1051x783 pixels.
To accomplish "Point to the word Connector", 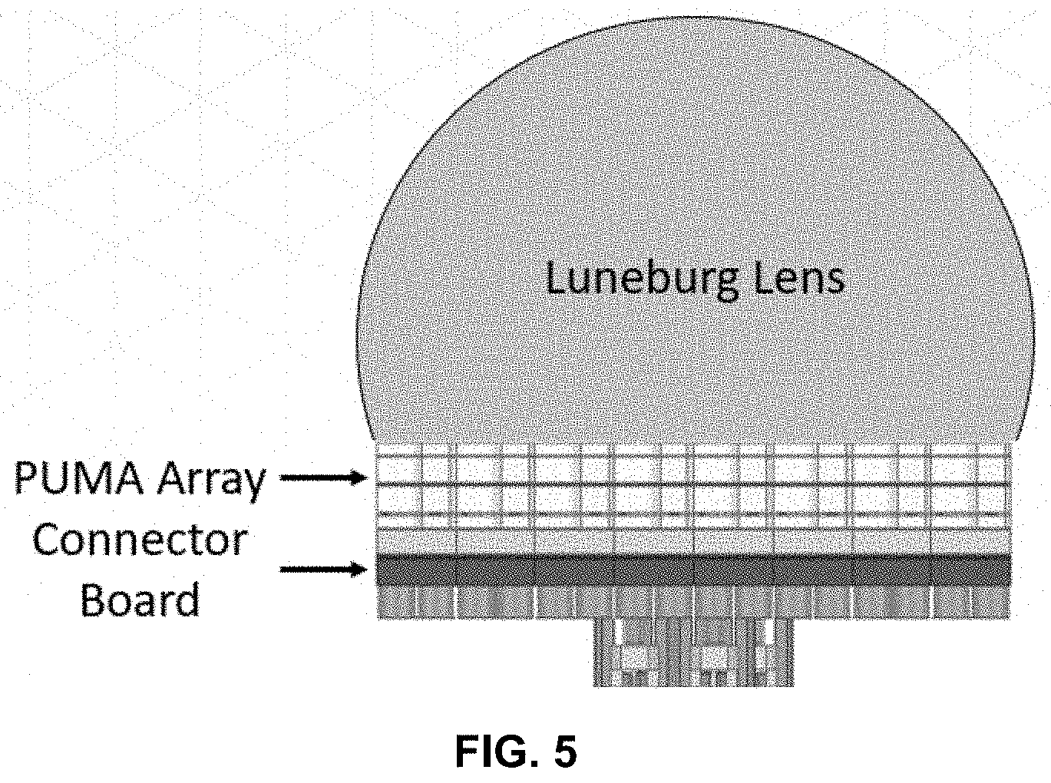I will click(x=139, y=540).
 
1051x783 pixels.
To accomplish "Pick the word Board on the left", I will click(x=140, y=600).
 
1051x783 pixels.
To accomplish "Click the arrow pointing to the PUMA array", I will click(x=323, y=478).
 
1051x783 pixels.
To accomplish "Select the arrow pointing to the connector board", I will click(x=323, y=570).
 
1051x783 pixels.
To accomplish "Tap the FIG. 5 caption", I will click(x=515, y=752).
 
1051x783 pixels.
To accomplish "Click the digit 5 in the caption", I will click(x=564, y=752).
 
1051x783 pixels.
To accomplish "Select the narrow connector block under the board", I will click(x=692, y=652).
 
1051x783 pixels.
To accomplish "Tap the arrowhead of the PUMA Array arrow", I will click(x=358, y=478).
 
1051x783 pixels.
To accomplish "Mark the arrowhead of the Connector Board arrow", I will click(x=358, y=570).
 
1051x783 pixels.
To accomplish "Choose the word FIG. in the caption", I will click(x=494, y=752).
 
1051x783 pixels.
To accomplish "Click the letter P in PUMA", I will click(x=28, y=480).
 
